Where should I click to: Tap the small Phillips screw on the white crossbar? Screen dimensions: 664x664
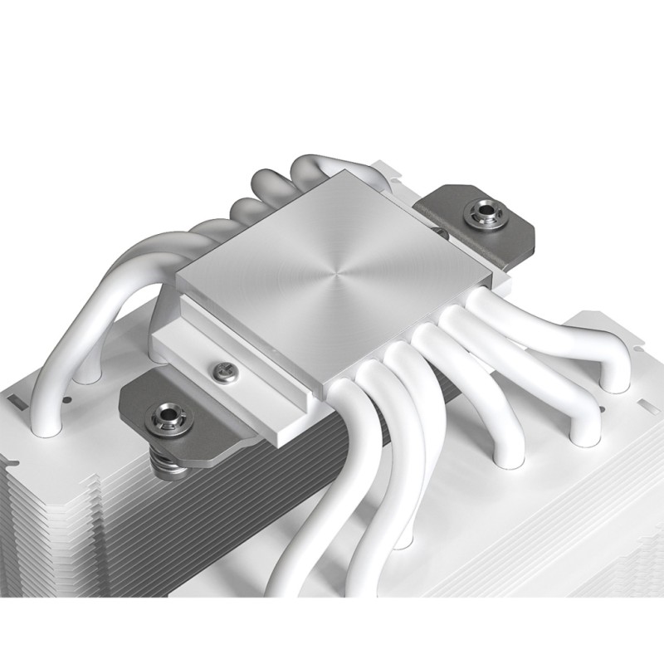(221, 365)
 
